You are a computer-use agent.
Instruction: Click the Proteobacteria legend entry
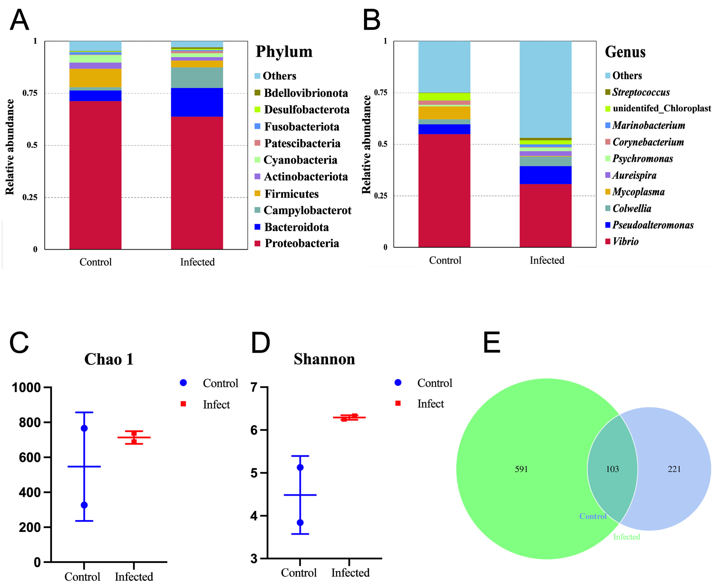click(x=301, y=243)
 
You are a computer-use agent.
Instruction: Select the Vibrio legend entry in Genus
click(x=625, y=241)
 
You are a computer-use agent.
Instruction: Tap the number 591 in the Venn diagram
click(x=521, y=469)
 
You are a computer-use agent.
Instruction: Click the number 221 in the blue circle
click(x=674, y=469)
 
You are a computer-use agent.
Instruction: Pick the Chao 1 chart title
click(x=109, y=359)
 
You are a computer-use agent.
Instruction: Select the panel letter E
click(x=491, y=342)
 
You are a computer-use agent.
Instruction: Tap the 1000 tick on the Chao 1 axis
click(x=26, y=388)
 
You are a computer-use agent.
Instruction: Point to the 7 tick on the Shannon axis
click(x=254, y=387)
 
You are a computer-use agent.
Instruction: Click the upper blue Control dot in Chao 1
click(x=84, y=428)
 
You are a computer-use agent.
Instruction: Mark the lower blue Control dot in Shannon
click(x=300, y=523)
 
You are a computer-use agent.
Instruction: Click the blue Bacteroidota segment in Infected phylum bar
click(x=197, y=102)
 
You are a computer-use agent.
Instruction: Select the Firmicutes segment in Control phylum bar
click(x=95, y=78)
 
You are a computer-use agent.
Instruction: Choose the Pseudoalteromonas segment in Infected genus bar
click(x=546, y=175)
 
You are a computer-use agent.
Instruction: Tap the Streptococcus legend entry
click(x=641, y=92)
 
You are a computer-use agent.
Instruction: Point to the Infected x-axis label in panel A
click(x=197, y=262)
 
